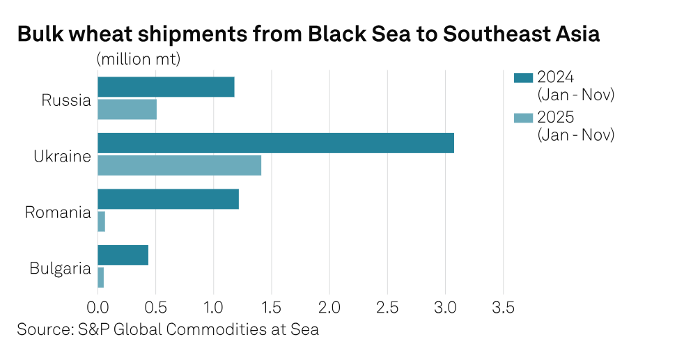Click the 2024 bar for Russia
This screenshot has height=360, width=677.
coord(166,87)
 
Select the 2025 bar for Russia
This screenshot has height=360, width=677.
coord(127,109)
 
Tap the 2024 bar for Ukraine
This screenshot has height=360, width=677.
coord(275,143)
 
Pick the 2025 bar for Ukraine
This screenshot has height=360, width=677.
coord(179,165)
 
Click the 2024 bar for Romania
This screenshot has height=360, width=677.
coord(168,198)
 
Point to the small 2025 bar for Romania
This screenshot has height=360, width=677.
coord(102,221)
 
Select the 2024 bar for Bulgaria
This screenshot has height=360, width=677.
coord(123,255)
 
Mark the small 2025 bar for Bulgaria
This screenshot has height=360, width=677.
coord(101,277)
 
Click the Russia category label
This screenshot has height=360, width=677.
coord(66,100)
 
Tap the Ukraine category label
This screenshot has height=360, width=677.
coord(63,156)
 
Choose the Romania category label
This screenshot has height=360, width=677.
coord(58,212)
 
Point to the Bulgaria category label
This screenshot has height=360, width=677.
coord(61,267)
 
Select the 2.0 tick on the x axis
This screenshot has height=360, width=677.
coord(329,307)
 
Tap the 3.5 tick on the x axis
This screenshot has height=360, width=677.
coord(504,307)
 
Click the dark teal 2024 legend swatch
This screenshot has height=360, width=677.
coord(522,77)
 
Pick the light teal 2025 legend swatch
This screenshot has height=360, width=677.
coord(522,118)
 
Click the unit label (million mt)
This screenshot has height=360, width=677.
coord(139,58)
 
